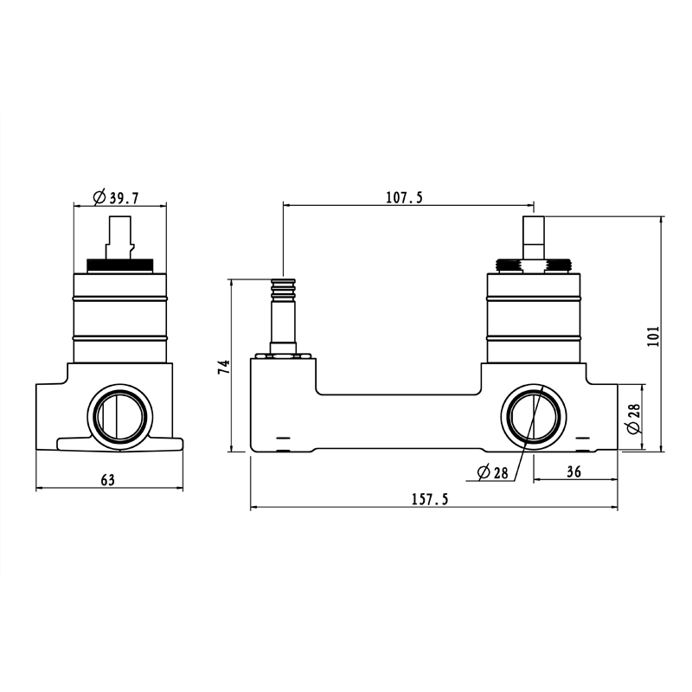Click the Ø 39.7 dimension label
click(112, 198)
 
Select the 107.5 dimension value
click(404, 198)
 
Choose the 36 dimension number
click(573, 471)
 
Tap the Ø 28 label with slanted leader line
click(492, 472)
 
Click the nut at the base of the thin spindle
click(283, 349)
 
